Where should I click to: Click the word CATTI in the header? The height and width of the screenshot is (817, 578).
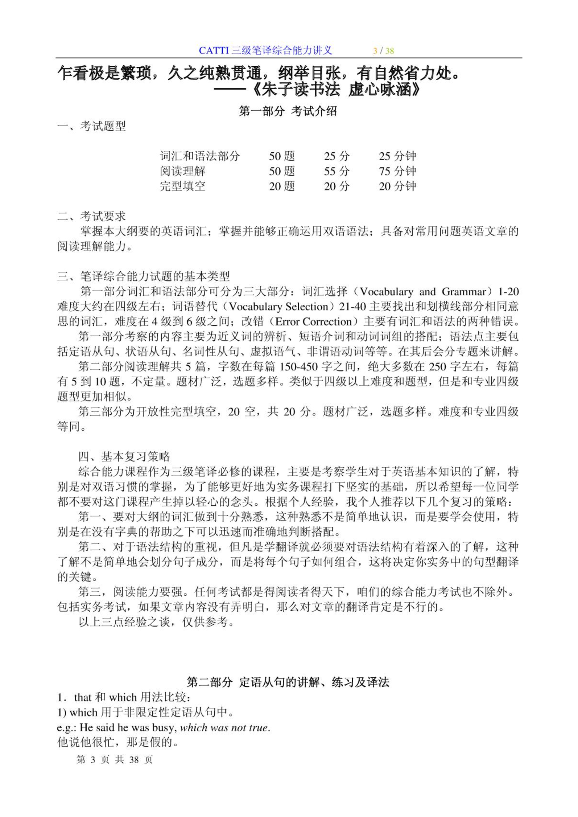(x=213, y=50)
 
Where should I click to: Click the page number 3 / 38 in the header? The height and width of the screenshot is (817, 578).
(x=383, y=51)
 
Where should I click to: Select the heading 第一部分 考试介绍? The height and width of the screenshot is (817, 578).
(x=288, y=111)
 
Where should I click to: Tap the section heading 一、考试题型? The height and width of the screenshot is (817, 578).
(x=91, y=126)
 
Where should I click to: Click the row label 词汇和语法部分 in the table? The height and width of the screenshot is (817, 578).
(x=200, y=156)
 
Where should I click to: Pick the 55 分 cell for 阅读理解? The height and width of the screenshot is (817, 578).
(x=337, y=171)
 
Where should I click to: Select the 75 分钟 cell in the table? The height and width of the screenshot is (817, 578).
(x=397, y=171)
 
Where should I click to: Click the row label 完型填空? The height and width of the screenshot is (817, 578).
(x=182, y=186)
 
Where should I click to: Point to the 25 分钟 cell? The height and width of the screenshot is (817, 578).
(x=397, y=156)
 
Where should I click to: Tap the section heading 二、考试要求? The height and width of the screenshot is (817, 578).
(x=91, y=216)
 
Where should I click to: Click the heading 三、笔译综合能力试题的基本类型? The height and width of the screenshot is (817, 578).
(x=143, y=276)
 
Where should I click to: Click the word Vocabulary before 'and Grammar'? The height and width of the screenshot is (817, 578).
(x=386, y=292)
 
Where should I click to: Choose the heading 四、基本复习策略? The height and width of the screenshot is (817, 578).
(x=124, y=456)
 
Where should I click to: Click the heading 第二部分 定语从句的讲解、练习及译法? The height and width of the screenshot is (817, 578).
(x=288, y=682)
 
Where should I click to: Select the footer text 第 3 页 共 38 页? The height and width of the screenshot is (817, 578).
(x=115, y=760)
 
